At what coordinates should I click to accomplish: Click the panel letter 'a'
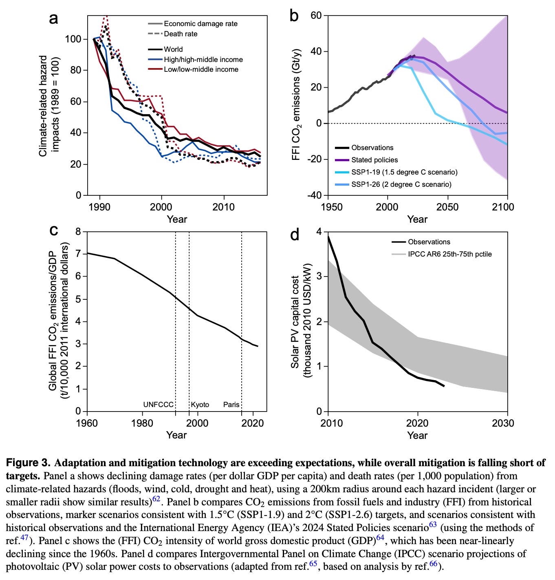53,18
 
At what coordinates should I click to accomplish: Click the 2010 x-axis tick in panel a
224,207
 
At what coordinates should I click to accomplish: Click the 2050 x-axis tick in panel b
447,207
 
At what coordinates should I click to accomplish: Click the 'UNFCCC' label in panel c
158,405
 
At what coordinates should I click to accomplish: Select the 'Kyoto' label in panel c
200,405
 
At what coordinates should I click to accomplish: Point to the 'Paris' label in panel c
231,405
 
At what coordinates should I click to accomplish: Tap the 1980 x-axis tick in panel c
143,423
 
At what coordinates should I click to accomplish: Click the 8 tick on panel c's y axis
78,232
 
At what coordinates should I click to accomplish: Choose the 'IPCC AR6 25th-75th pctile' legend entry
449,254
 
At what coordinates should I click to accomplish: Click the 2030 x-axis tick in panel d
503,423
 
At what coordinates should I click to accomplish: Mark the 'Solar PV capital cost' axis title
295,322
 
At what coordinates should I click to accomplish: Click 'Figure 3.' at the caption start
28,463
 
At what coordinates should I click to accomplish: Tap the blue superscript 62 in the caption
156,498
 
